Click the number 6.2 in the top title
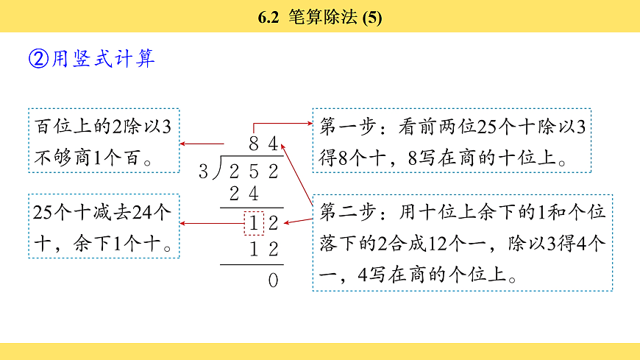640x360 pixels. click(269, 17)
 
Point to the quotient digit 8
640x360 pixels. click(254, 145)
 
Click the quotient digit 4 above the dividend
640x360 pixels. click(273, 145)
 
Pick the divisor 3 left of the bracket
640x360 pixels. click(204, 172)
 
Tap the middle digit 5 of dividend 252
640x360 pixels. click(254, 172)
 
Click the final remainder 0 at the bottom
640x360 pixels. click(273, 280)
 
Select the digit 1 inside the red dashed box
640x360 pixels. click(254, 222)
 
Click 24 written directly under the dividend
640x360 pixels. click(243, 194)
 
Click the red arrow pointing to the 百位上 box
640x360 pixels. click(202, 144)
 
